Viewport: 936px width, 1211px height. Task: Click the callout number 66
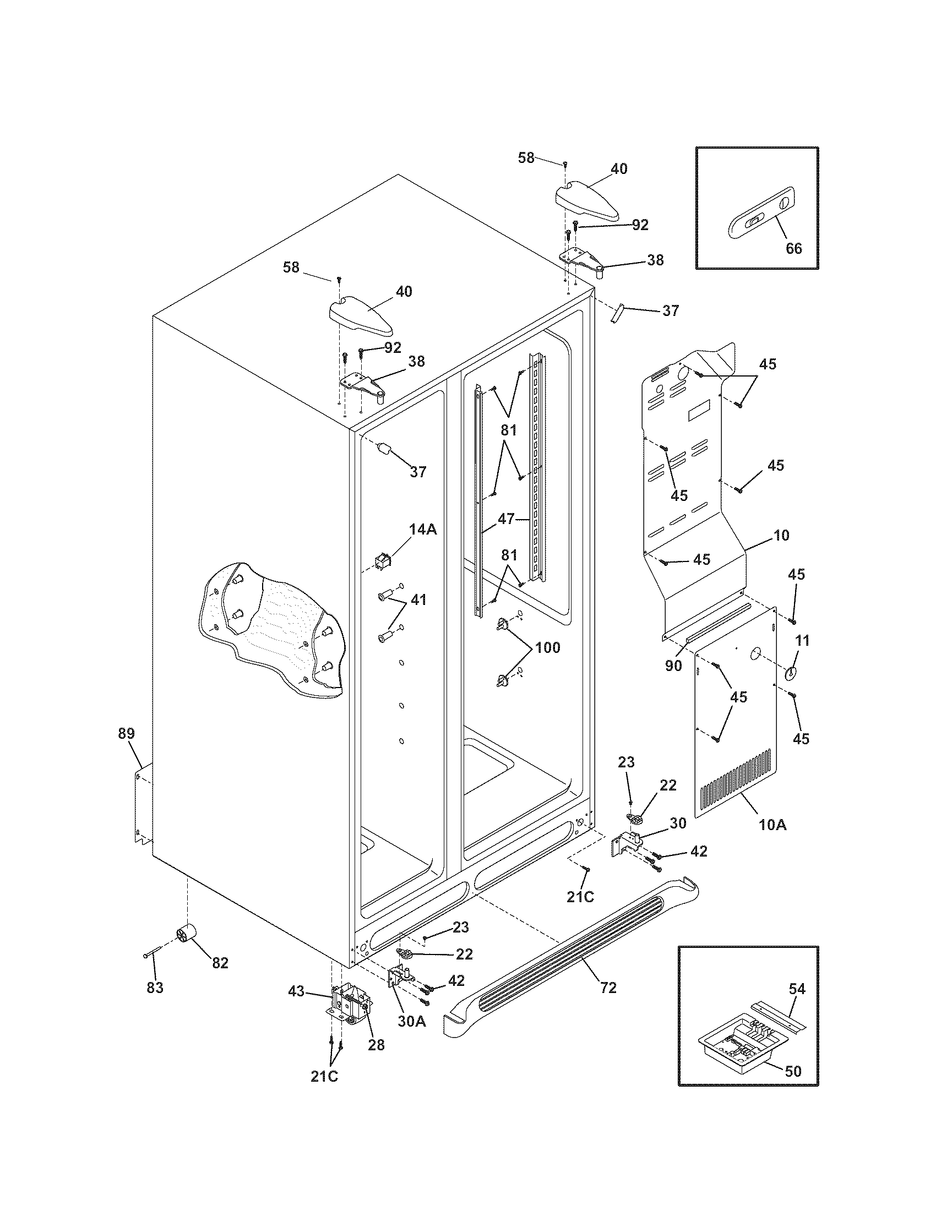(793, 248)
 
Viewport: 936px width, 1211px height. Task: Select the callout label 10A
(772, 841)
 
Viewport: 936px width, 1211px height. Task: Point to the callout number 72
(608, 988)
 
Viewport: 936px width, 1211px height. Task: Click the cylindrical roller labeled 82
(186, 936)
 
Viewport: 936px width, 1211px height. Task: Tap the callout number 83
(155, 988)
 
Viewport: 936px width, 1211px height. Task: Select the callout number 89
(126, 733)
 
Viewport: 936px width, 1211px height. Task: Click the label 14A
(422, 530)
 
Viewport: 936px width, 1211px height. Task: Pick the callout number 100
(547, 647)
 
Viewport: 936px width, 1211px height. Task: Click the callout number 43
(296, 991)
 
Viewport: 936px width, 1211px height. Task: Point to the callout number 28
(376, 1045)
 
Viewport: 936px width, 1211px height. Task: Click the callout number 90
(673, 666)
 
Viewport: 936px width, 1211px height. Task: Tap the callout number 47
(505, 519)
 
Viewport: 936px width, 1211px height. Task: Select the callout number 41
(418, 599)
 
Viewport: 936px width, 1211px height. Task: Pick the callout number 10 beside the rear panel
(781, 535)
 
